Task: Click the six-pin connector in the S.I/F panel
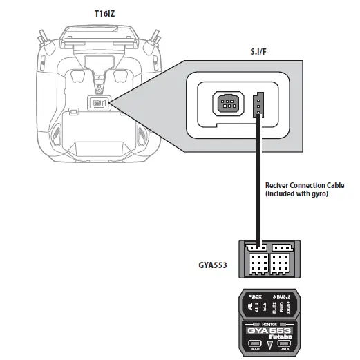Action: point(227,104)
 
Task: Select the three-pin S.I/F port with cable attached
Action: point(259,104)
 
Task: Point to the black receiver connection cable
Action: point(258,180)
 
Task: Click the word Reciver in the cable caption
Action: point(278,186)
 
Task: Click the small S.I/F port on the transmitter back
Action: point(96,104)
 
